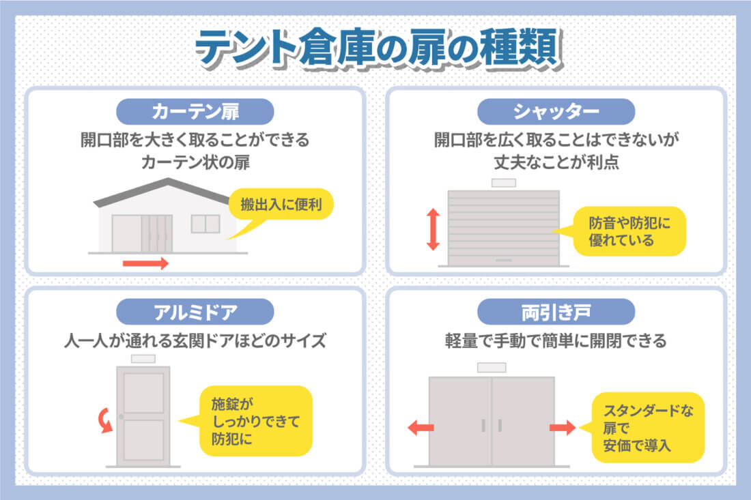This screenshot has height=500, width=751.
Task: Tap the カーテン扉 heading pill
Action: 195,111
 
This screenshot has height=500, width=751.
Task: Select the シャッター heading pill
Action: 556,111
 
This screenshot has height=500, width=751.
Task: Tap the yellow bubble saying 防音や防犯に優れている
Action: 628,231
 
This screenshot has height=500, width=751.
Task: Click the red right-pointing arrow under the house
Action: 145,263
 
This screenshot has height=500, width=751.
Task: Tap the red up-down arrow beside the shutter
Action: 432,229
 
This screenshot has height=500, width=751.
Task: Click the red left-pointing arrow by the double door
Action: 421,428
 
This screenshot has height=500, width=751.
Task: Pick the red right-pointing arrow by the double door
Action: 563,428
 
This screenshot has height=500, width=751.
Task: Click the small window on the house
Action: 205,223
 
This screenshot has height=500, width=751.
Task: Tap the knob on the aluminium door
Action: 120,417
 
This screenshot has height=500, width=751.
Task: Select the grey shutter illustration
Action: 503,227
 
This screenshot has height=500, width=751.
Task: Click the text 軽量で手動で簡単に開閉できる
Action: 556,341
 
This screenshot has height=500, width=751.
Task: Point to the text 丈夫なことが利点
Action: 556,163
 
